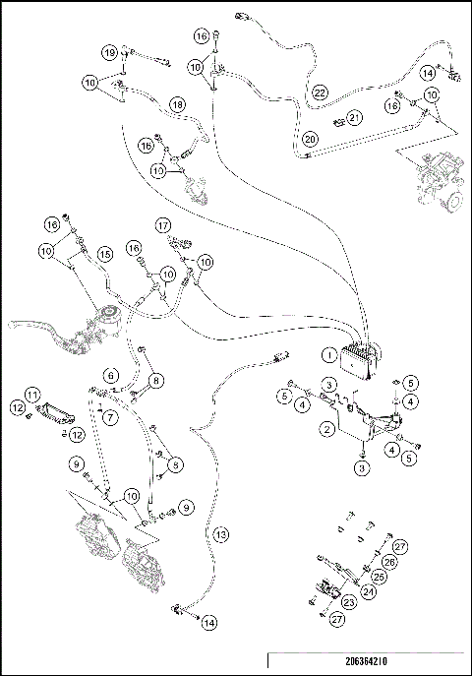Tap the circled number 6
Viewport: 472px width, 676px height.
pos(112,375)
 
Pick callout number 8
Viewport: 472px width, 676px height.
pos(157,379)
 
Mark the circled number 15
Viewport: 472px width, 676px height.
pos(102,254)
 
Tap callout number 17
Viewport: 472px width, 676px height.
pos(164,225)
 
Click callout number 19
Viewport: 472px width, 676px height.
pos(110,51)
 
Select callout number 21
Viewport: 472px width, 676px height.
pos(355,118)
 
